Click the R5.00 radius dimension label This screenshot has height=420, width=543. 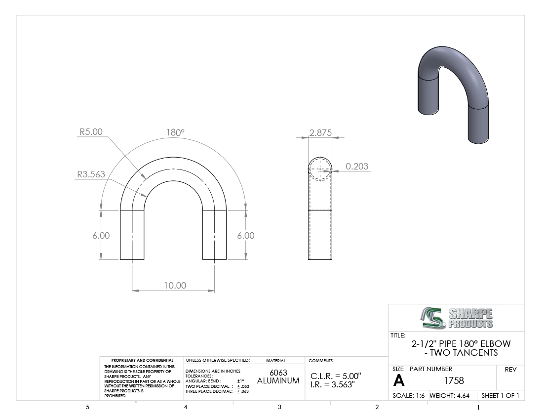pyautogui.click(x=91, y=132)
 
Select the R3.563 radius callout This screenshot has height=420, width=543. pyautogui.click(x=91, y=174)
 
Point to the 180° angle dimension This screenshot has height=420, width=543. pyautogui.click(x=175, y=132)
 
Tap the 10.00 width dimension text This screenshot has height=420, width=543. pyautogui.click(x=175, y=285)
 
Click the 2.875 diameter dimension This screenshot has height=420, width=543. pyautogui.click(x=320, y=133)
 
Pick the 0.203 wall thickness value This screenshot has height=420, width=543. pyautogui.click(x=357, y=167)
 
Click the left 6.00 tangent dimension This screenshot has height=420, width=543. pyautogui.click(x=101, y=236)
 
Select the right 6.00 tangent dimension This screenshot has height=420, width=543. pyautogui.click(x=245, y=236)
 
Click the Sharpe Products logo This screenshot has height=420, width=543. pyautogui.click(x=457, y=318)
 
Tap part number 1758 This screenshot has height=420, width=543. pyautogui.click(x=454, y=380)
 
